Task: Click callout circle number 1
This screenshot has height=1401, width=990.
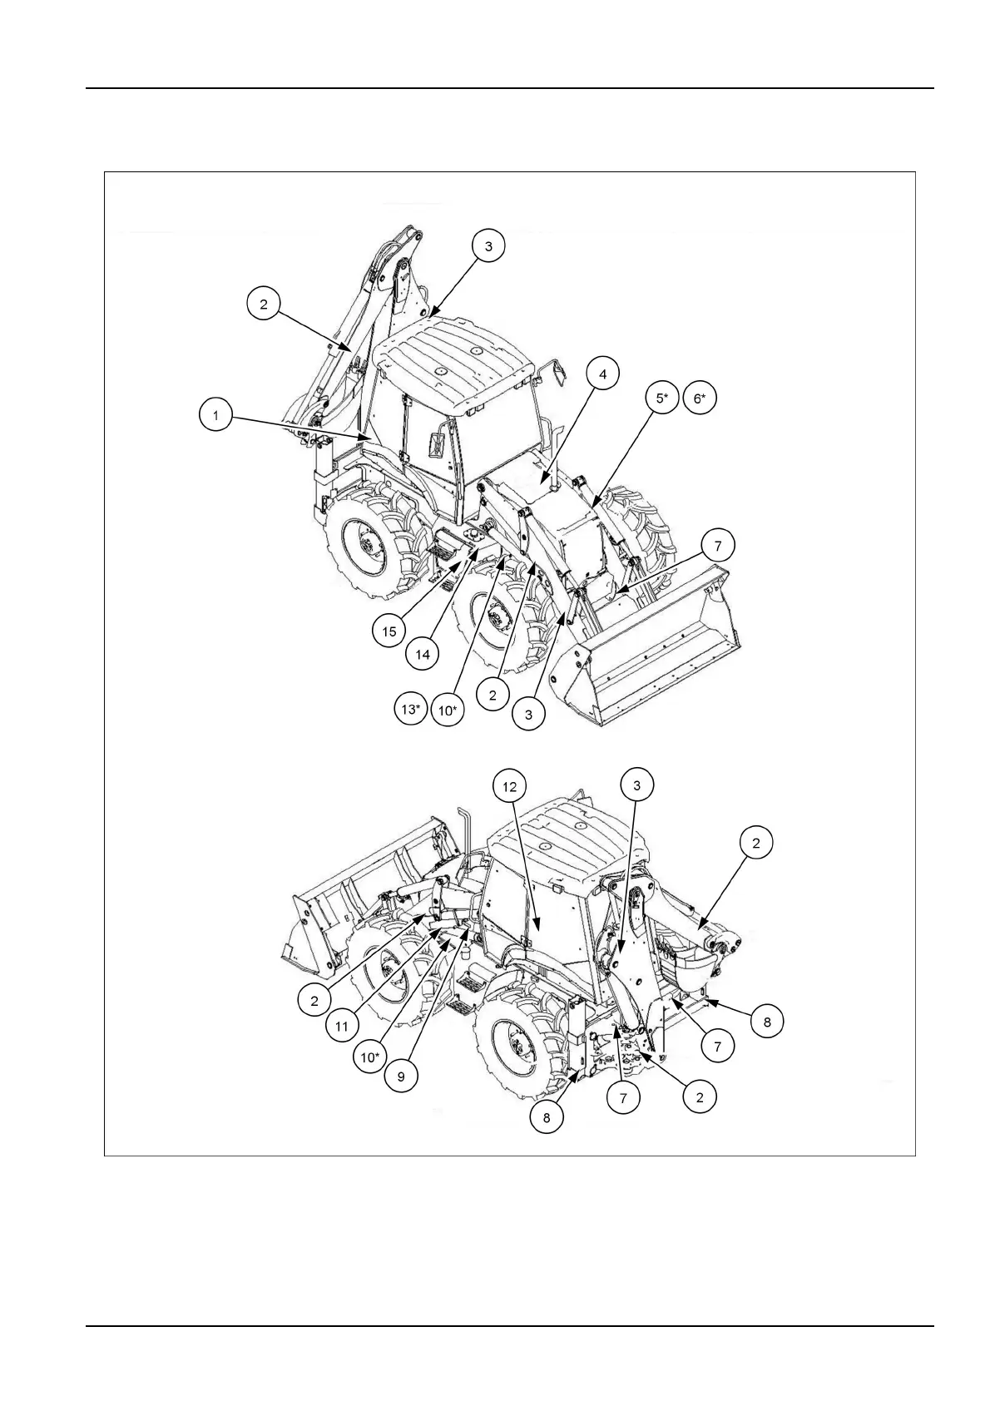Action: (x=215, y=414)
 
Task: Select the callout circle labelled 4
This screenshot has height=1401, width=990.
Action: (x=603, y=374)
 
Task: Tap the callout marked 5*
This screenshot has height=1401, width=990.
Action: (x=661, y=399)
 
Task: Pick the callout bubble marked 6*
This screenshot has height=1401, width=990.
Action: (x=700, y=399)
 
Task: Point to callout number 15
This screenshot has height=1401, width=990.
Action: (x=389, y=631)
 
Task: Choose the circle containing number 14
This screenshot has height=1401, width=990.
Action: (x=423, y=655)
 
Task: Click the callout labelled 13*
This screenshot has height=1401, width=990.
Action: (x=410, y=710)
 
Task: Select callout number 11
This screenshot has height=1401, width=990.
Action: (x=342, y=1027)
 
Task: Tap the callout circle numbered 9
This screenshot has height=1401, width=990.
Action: (x=401, y=1076)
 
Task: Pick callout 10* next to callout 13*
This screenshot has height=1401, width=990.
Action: (x=447, y=710)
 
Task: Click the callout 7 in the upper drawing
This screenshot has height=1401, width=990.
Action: (x=717, y=547)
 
